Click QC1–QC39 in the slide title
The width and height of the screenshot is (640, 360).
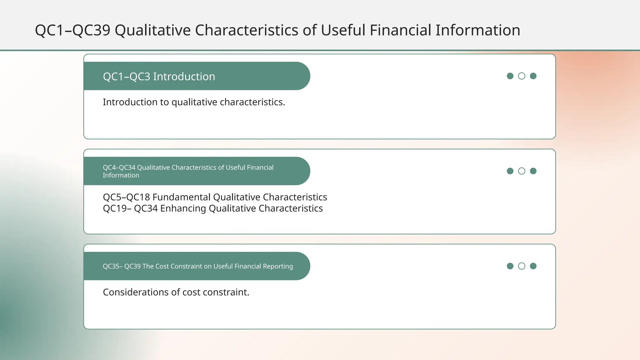tap(72, 30)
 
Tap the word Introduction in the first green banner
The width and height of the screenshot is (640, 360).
tap(184, 77)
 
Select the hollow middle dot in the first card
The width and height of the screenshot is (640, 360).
tap(522, 76)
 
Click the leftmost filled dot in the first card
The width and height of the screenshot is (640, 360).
tap(510, 76)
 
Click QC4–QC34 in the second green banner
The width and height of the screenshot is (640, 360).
tap(119, 167)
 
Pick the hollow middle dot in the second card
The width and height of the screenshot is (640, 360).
tap(522, 171)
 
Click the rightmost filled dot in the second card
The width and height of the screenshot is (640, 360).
tap(533, 171)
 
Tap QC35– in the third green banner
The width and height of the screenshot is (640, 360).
tap(112, 266)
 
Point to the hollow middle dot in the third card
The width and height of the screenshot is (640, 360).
tap(522, 266)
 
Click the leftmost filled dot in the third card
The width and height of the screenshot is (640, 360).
tap(510, 266)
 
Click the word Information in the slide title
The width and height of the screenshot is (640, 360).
tap(477, 30)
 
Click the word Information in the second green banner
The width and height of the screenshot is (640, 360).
tap(121, 175)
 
